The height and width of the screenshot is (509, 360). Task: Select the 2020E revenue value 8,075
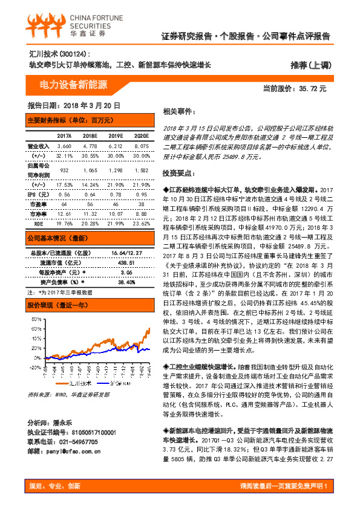[x=141, y=146]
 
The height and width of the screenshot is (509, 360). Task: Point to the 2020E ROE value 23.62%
[x=141, y=222]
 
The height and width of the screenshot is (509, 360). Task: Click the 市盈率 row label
[x=38, y=204]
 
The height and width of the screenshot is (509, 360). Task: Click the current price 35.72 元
[x=294, y=88]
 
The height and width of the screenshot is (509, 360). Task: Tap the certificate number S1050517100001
[x=88, y=433]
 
